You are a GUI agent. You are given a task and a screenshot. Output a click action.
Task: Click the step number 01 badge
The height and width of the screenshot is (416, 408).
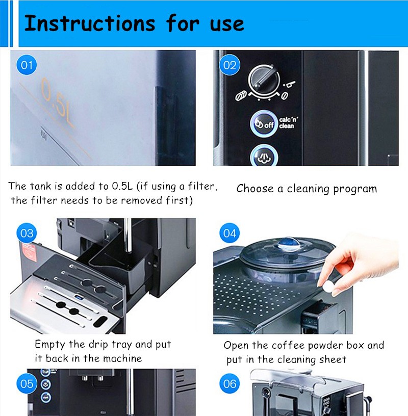tap(27, 65)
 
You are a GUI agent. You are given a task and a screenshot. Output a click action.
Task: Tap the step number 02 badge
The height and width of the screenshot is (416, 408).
tap(229, 65)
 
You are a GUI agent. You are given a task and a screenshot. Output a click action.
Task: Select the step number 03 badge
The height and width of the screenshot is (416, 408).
tap(27, 233)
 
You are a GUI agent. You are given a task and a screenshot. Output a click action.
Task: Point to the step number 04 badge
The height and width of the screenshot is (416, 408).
tap(229, 233)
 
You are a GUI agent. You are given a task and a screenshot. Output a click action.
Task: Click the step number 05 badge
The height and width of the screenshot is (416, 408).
tap(27, 384)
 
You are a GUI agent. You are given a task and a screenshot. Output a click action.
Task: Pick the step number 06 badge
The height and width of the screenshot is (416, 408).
tap(229, 384)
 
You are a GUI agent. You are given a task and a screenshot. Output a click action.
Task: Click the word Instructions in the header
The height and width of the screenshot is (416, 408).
tap(90, 23)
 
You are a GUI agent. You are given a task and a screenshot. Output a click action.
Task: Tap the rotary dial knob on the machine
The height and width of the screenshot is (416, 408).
tap(264, 80)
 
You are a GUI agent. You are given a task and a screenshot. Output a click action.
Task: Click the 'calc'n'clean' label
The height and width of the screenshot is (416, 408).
tap(288, 122)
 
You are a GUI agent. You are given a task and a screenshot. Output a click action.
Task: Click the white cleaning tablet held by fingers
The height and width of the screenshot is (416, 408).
tap(328, 287)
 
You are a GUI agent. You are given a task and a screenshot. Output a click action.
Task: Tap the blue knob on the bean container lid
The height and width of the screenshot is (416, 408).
tap(289, 243)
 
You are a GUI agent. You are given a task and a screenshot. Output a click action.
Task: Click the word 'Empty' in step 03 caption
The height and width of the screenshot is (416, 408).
tap(50, 345)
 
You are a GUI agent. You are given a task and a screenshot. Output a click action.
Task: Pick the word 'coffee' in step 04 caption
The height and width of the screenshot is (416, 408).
tap(288, 345)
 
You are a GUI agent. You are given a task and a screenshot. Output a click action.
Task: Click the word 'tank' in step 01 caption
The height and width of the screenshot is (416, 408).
tap(40, 186)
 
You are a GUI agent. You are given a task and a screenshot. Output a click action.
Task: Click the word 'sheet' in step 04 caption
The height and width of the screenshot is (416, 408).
tap(333, 359)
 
